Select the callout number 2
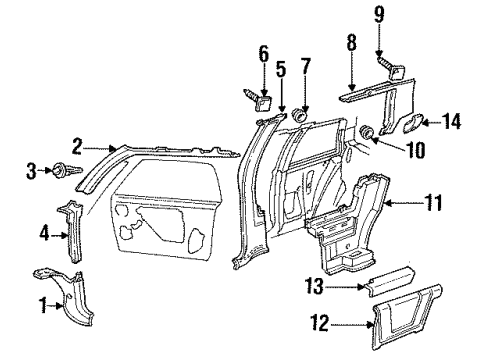[77, 145]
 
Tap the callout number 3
[31, 170]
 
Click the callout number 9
[380, 14]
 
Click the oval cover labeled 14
[410, 123]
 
